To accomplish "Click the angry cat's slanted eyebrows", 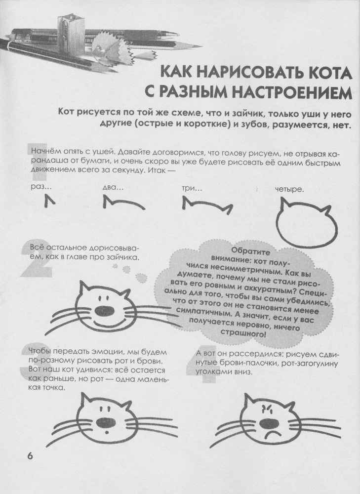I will [266, 409].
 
